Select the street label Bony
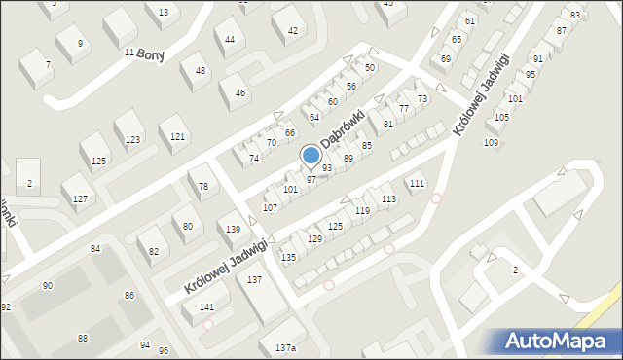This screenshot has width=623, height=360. point(150,54)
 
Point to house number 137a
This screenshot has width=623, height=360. point(284,347)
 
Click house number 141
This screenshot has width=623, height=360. point(206,306)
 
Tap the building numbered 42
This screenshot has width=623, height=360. point(293,31)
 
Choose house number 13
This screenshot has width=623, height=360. point(163,12)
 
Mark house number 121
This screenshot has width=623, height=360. point(177,136)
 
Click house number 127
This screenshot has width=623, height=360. point(81,198)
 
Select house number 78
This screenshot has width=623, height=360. point(202,186)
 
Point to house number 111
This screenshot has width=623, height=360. point(417,183)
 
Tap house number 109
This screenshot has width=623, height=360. point(491,143)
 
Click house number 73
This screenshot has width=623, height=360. point(422,99)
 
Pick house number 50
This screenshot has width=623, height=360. point(370,67)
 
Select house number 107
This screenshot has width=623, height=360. point(270,207)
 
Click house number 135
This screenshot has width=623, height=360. point(288,257)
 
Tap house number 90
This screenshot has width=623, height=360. point(48,285)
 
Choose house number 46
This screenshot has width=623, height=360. point(240,93)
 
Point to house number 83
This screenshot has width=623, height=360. point(575,15)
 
